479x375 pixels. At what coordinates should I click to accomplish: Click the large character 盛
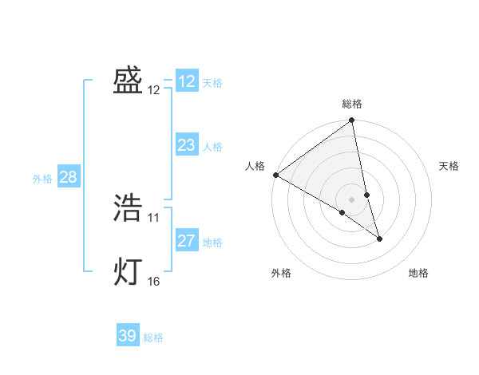coord(128,81)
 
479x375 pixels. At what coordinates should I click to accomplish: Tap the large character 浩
coord(128,208)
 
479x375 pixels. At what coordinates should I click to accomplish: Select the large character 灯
coord(128,272)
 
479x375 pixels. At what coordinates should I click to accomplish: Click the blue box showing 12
coord(187,81)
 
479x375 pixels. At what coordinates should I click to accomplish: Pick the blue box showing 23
coord(187,145)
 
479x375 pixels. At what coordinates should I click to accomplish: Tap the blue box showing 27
coord(187,241)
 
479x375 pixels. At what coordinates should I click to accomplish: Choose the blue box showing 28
coord(68,177)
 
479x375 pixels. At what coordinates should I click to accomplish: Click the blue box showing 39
coord(128,336)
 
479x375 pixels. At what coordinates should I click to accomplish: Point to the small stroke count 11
coord(154,217)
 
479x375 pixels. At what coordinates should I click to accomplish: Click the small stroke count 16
coord(154,281)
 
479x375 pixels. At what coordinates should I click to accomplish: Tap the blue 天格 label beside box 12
coord(212,83)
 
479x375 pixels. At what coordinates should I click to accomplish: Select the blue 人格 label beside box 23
coord(212,147)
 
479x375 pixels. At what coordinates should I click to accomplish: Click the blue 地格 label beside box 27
coord(212,243)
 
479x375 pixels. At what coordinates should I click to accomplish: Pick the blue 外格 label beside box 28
coord(42,179)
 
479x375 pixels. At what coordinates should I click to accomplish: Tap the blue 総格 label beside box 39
coord(153,337)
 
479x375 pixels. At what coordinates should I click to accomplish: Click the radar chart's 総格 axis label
coord(352,104)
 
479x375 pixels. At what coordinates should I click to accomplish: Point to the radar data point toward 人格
coord(275,175)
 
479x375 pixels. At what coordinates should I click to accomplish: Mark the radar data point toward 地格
coord(379,238)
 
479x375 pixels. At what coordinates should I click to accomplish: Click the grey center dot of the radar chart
coord(352,199)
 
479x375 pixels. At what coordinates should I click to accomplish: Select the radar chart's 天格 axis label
coord(449,166)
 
